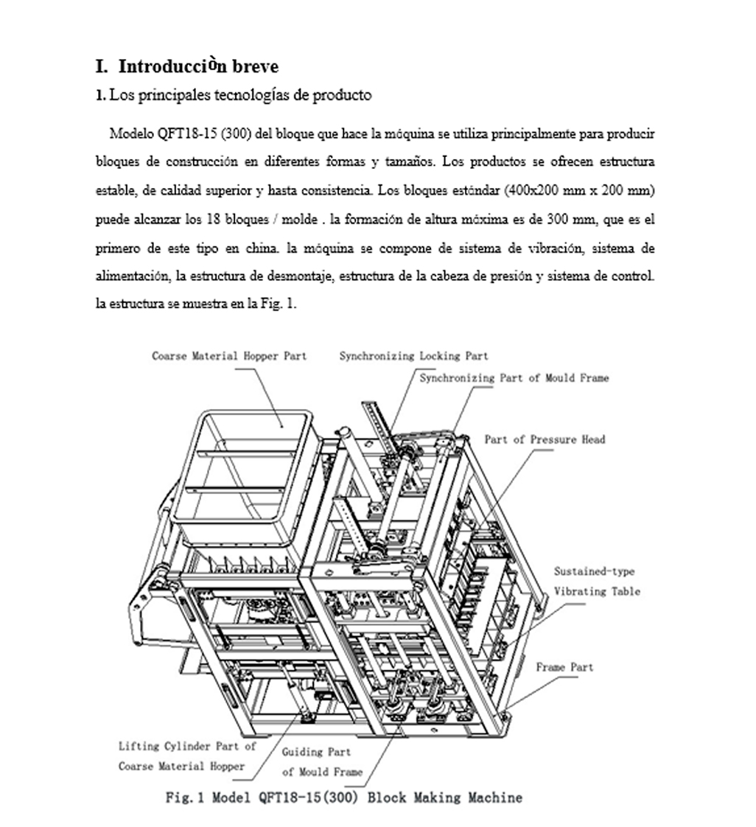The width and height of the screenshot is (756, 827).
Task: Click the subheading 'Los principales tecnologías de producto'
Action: coord(239,95)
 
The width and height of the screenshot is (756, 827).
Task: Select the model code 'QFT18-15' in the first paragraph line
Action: coord(181,134)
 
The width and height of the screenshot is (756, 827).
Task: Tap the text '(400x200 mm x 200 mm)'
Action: coord(580,191)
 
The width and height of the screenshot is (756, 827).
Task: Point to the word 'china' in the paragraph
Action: coord(263,248)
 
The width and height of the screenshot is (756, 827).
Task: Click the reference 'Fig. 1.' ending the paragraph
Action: coord(280,304)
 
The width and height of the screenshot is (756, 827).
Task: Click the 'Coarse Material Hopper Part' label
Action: coord(229,356)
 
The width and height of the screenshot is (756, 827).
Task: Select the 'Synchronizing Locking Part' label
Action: coord(413,356)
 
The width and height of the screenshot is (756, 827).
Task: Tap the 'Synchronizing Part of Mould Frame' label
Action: coord(514,378)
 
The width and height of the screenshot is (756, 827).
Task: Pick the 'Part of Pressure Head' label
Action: coord(545,439)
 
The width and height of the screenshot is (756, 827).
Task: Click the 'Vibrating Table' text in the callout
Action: coord(597,591)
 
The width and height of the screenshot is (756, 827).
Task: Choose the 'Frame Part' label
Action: coord(564,667)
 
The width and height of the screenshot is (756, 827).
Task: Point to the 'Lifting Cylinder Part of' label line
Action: coord(187,746)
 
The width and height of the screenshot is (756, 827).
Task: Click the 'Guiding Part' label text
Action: coord(316,752)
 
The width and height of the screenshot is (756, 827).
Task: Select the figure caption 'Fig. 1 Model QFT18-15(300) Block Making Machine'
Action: coord(343,798)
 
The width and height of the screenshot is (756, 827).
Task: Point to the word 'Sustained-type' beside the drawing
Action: coord(594,571)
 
